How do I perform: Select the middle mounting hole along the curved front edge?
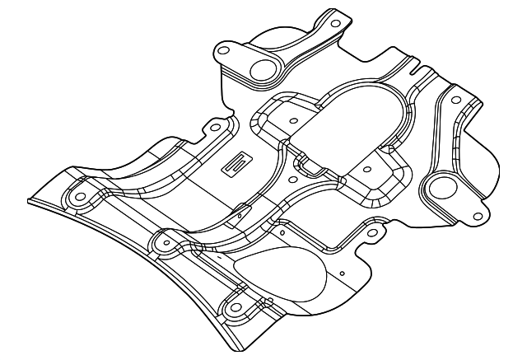click(162, 243)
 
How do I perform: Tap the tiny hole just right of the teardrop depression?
click(340, 272)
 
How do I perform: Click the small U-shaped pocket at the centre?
click(310, 164)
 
